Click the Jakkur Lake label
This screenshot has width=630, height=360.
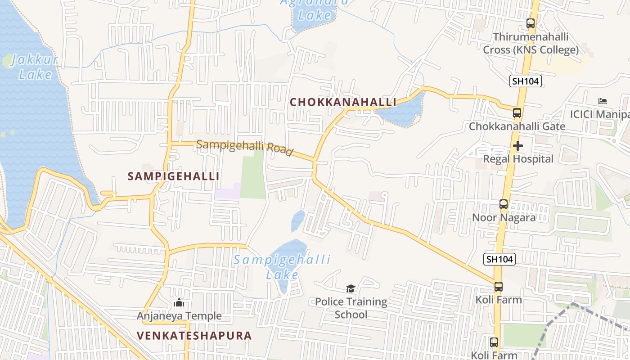pos(34,67)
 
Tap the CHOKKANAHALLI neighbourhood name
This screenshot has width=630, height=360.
pos(342,102)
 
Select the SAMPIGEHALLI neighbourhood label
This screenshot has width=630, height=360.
pos(173,176)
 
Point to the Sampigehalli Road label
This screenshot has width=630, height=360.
pos(245,147)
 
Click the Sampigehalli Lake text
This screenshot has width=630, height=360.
pos(282,266)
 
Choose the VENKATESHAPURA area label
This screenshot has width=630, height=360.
pos(194,336)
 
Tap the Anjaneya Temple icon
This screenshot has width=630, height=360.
pos(179,303)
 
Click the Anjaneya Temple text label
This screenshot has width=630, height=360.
pos(179,316)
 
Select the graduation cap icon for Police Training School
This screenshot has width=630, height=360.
pos(351,288)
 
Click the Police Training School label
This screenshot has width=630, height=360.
pos(351,308)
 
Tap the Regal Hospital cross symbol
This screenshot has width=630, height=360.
pos(518,146)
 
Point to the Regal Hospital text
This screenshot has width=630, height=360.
pos(518,159)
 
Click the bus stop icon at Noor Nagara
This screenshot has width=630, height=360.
pos(504,204)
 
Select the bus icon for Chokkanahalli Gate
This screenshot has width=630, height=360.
pos(517,113)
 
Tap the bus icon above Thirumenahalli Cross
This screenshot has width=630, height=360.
pos(531,23)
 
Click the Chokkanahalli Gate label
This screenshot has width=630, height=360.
pos(517,126)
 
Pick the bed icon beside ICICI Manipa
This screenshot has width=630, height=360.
pos(603,101)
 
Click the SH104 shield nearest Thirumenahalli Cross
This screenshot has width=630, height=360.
pos(525,81)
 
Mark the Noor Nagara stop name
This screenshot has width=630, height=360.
pos(504,217)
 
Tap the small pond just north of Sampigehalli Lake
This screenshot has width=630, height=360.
pos(297,221)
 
